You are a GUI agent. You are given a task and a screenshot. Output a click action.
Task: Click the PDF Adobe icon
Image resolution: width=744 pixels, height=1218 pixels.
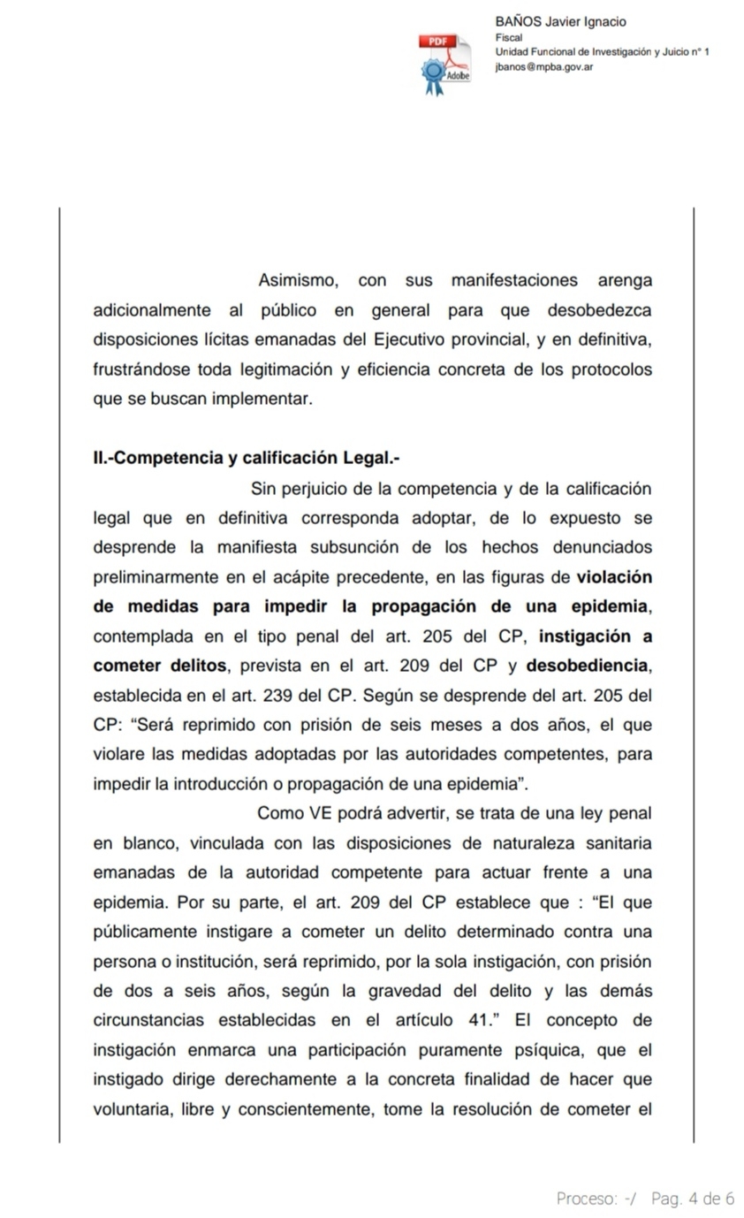(444, 64)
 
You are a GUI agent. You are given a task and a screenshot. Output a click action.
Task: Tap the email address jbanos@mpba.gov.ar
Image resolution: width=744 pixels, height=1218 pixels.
(543, 66)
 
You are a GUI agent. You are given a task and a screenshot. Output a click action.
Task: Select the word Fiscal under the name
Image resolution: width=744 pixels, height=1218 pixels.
(509, 37)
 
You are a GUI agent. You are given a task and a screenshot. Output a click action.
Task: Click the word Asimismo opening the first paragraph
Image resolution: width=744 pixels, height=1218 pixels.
(298, 281)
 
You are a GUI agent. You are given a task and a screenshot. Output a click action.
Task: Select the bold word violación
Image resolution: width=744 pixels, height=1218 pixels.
(614, 578)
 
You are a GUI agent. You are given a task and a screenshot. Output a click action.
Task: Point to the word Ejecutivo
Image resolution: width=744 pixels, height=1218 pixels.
(413, 339)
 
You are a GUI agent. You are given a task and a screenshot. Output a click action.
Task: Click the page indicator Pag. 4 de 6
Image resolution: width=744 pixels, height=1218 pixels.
(692, 1199)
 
